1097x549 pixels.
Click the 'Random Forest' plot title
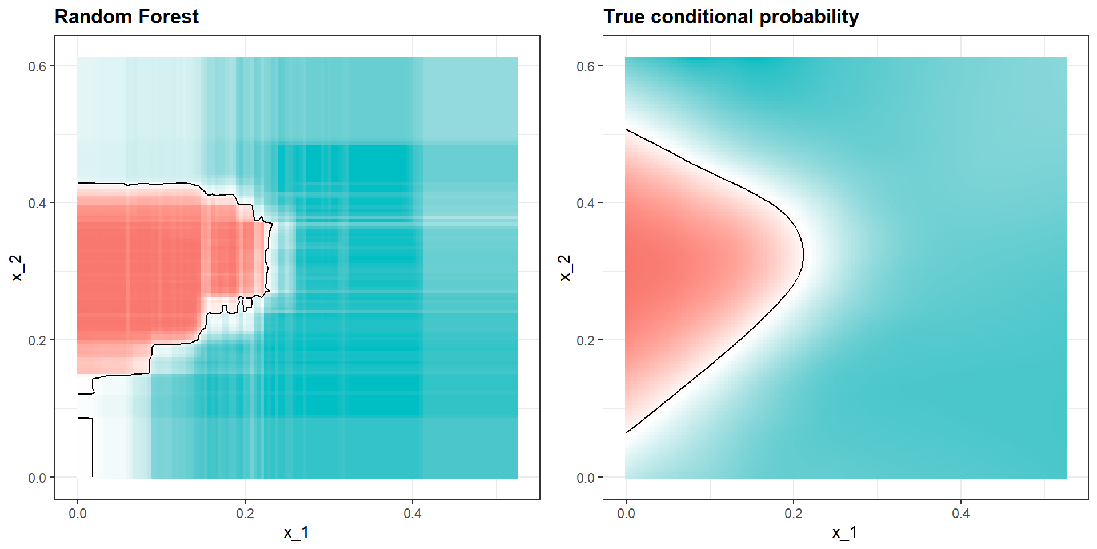pyautogui.click(x=126, y=17)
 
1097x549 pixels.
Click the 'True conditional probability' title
pyautogui.click(x=731, y=17)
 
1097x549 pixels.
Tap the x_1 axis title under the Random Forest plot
pyautogui.click(x=297, y=532)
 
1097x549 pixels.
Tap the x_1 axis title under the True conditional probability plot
pyautogui.click(x=845, y=532)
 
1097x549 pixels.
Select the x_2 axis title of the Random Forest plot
pyautogui.click(x=17, y=268)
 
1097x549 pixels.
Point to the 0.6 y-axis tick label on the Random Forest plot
pyautogui.click(x=37, y=66)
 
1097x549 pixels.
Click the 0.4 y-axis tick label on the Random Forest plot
pyautogui.click(x=37, y=203)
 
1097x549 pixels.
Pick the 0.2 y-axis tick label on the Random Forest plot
pyautogui.click(x=37, y=340)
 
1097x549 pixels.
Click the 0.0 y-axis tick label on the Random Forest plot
pyautogui.click(x=37, y=478)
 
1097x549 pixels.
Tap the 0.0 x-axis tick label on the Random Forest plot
pyautogui.click(x=78, y=514)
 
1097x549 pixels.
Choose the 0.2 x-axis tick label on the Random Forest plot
pyautogui.click(x=245, y=514)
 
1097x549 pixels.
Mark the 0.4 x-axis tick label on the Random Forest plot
pyautogui.click(x=413, y=514)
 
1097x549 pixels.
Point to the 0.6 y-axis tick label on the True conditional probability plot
pyautogui.click(x=586, y=66)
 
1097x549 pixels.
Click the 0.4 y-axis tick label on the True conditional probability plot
pyautogui.click(x=586, y=203)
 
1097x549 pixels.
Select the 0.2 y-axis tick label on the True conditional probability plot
pyautogui.click(x=586, y=340)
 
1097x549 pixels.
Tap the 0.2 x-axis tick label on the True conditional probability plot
pyautogui.click(x=794, y=514)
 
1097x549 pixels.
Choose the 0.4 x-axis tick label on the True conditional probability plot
pyautogui.click(x=961, y=514)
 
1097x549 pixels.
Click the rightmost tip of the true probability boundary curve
pyautogui.click(x=803, y=253)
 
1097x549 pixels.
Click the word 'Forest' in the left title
pyautogui.click(x=169, y=17)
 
